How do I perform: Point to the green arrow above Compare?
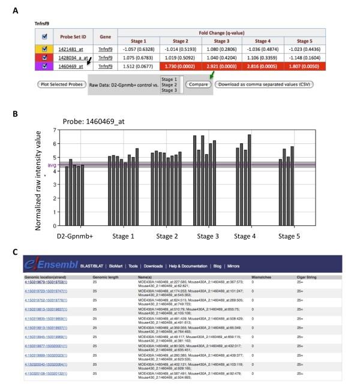tap(208, 75)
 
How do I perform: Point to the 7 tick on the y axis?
tap(54, 130)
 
